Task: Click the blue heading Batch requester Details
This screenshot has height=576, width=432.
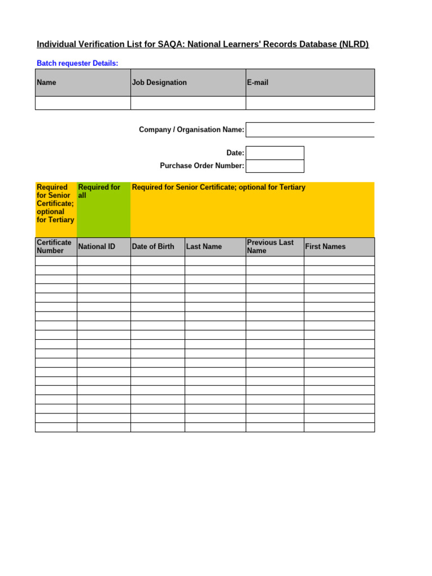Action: point(78,64)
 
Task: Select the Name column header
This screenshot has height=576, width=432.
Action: point(83,83)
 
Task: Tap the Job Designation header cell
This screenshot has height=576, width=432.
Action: point(188,83)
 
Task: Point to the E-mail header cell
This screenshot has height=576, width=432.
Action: point(310,83)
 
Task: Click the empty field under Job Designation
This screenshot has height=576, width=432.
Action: point(188,103)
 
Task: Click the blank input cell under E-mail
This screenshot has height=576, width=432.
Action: point(310,103)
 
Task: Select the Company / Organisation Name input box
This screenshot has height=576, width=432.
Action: point(310,130)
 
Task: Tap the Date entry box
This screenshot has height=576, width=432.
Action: point(275,153)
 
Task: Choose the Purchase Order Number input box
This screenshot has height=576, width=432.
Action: point(275,166)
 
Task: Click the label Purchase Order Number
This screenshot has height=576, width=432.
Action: point(202,166)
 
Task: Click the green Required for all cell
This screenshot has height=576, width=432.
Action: point(103,209)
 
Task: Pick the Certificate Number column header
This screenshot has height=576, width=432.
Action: point(56,246)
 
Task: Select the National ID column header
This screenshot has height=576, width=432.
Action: point(103,246)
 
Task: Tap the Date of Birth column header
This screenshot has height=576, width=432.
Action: point(157,246)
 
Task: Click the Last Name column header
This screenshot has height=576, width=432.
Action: point(215,246)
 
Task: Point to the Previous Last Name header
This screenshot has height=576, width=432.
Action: point(274,246)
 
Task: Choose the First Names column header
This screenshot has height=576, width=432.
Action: point(339,246)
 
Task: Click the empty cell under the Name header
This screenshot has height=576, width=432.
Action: point(83,103)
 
